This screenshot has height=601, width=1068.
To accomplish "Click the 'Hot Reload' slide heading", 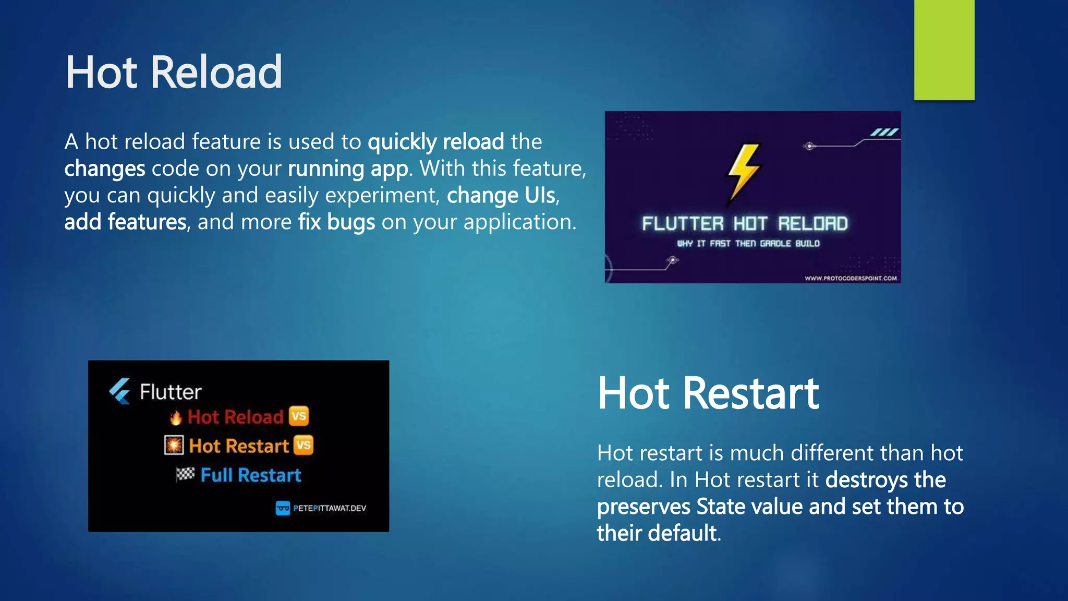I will [x=174, y=73].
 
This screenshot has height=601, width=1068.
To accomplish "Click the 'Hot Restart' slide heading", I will [x=708, y=393].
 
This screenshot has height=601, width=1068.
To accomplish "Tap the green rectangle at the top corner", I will [x=944, y=50].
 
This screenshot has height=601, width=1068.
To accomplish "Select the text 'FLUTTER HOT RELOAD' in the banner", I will [x=745, y=224].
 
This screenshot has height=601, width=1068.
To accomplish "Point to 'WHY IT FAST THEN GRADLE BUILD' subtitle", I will [x=748, y=244].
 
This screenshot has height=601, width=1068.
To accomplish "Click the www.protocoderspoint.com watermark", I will [x=851, y=278].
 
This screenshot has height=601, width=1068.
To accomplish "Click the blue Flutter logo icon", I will [x=120, y=391].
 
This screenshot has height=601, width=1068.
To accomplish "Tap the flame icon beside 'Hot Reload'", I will [x=176, y=417].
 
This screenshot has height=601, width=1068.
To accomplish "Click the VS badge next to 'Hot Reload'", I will [x=299, y=416].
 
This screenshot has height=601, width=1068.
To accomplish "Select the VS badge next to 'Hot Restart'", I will [x=304, y=446].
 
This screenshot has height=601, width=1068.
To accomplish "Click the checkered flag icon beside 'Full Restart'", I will [x=185, y=474].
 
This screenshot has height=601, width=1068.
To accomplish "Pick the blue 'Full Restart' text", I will [x=251, y=475].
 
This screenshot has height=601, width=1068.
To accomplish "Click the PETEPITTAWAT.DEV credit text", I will [x=329, y=508].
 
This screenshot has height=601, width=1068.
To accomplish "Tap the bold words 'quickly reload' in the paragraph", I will [x=436, y=142].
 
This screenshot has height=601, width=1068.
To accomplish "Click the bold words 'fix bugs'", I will [x=336, y=222].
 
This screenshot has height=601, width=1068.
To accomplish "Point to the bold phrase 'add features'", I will [x=125, y=222].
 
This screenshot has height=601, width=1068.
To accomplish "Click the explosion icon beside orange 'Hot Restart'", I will [x=174, y=446].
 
